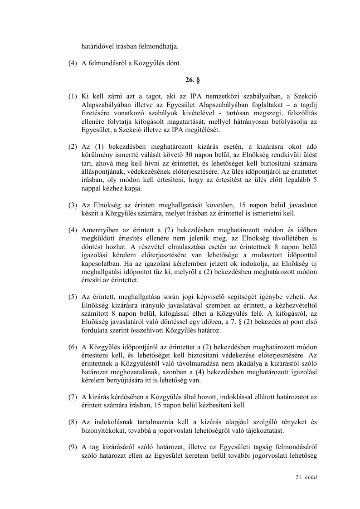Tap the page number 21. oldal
tap(306, 477)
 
